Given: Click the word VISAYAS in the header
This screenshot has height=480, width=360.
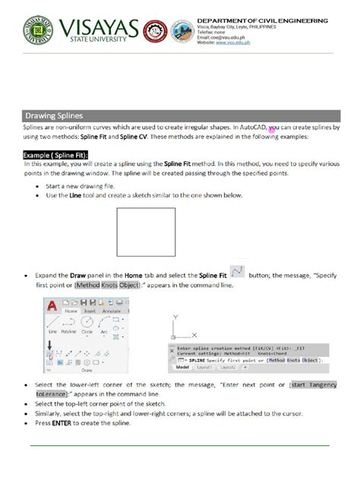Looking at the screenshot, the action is (95, 28).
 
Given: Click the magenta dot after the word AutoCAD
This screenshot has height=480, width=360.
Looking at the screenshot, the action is (272, 131).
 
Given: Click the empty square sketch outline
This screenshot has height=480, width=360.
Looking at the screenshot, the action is (141, 232).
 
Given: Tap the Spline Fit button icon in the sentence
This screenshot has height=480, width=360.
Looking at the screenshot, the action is (236, 272).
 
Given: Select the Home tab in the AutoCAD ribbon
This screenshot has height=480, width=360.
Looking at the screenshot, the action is (71, 310).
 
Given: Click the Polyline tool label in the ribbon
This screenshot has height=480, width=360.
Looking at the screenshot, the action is (69, 333).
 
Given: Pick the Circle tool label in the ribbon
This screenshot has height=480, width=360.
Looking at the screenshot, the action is (87, 333).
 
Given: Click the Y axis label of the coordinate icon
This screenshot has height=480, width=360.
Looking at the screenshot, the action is (175, 315).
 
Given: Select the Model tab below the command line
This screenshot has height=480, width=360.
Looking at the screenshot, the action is (182, 367).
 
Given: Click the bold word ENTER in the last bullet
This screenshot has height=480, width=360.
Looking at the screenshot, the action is (61, 424).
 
